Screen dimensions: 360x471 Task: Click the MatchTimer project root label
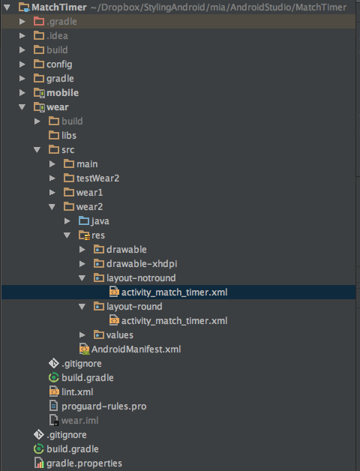pyautogui.click(x=59, y=7)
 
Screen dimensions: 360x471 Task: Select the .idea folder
pyautogui.click(x=57, y=36)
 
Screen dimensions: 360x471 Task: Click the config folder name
pyautogui.click(x=59, y=64)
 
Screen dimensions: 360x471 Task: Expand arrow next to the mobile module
pyautogui.click(x=22, y=93)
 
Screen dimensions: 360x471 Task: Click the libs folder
pyautogui.click(x=69, y=136)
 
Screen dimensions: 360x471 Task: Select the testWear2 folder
pyautogui.click(x=97, y=178)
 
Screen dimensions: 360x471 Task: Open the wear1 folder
pyautogui.click(x=89, y=193)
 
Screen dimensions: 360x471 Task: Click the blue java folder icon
pyautogui.click(x=84, y=220)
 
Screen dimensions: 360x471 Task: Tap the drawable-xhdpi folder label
pyautogui.click(x=142, y=264)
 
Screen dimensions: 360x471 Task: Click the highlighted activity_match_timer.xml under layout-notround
pyautogui.click(x=174, y=292)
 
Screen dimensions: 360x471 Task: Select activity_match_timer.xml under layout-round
pyautogui.click(x=174, y=321)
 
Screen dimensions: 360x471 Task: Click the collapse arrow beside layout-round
pyautogui.click(x=82, y=307)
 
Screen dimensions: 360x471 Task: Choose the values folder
pyautogui.click(x=119, y=335)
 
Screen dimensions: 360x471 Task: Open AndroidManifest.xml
pyautogui.click(x=136, y=349)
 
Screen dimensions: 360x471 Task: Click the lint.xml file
pyautogui.click(x=77, y=392)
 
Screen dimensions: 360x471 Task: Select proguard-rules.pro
pyautogui.click(x=104, y=406)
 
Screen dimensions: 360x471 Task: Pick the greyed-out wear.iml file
pyautogui.click(x=79, y=421)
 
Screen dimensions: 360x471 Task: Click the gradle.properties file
pyautogui.click(x=84, y=463)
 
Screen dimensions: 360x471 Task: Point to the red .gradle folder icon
pyautogui.click(x=39, y=21)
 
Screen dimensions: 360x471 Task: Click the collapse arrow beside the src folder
pyautogui.click(x=37, y=150)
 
